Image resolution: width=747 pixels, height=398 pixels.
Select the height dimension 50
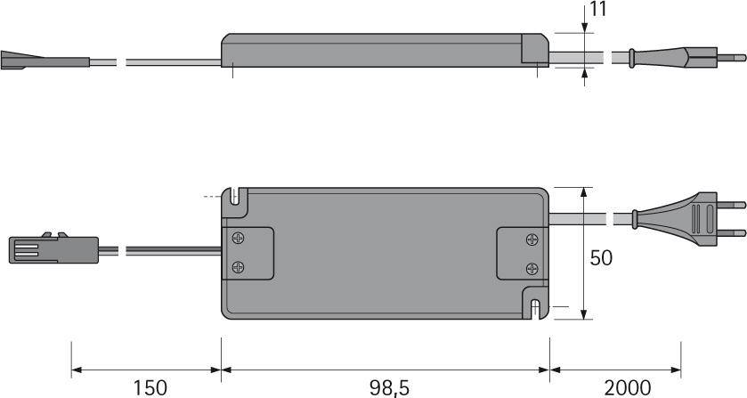(x=602, y=258)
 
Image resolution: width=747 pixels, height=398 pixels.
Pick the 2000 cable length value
(x=639, y=387)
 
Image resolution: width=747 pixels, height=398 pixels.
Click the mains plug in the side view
(x=677, y=57)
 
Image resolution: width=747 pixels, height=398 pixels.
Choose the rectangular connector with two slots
(x=37, y=248)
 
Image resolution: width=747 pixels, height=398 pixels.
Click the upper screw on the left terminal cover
(x=239, y=239)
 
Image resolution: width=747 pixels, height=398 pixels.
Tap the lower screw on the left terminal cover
(x=239, y=266)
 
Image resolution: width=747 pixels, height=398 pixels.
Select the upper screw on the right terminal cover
(x=532, y=239)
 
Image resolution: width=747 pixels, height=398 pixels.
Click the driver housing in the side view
(x=383, y=50)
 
